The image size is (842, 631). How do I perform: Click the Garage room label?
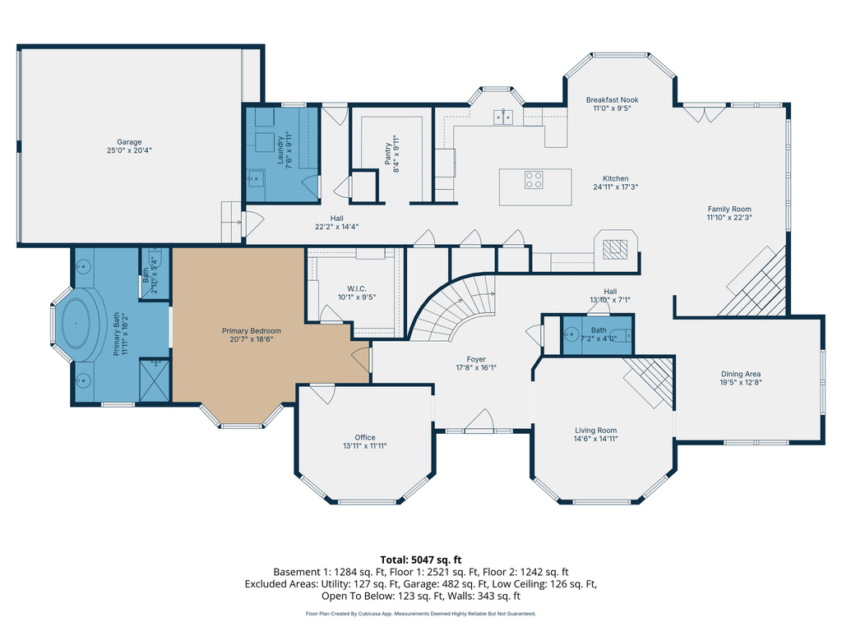[x=129, y=142]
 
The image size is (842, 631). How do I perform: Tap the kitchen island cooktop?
[x=534, y=179]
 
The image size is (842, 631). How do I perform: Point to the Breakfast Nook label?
[x=612, y=99]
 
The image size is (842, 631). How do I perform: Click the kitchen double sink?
[x=503, y=117]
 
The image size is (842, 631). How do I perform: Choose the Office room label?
[x=365, y=437]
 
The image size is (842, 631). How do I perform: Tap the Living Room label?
[x=595, y=430]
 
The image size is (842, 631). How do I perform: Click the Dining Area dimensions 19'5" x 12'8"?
[x=741, y=382]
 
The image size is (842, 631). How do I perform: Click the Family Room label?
[x=729, y=209]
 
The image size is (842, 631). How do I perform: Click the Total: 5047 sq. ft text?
[x=421, y=558]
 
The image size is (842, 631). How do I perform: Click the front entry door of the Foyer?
[x=478, y=426]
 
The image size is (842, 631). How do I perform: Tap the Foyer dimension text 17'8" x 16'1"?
[x=476, y=368]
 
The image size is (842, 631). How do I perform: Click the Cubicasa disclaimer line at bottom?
[x=421, y=613]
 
